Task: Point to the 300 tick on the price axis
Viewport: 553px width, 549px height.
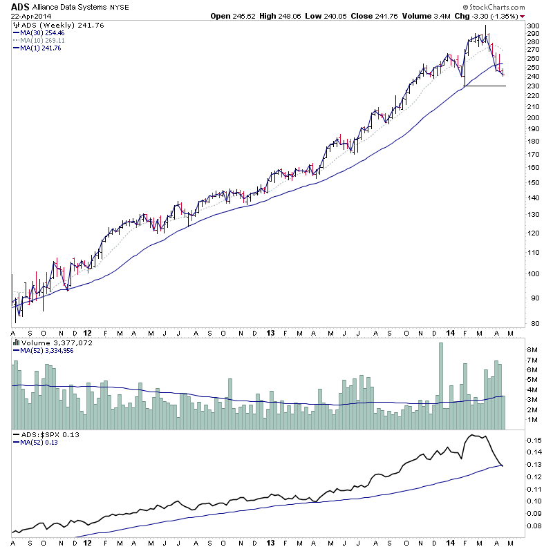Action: [x=532, y=26]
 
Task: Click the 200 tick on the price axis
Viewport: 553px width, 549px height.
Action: [x=532, y=117]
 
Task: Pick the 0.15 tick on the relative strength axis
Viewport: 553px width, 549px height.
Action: [x=534, y=440]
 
